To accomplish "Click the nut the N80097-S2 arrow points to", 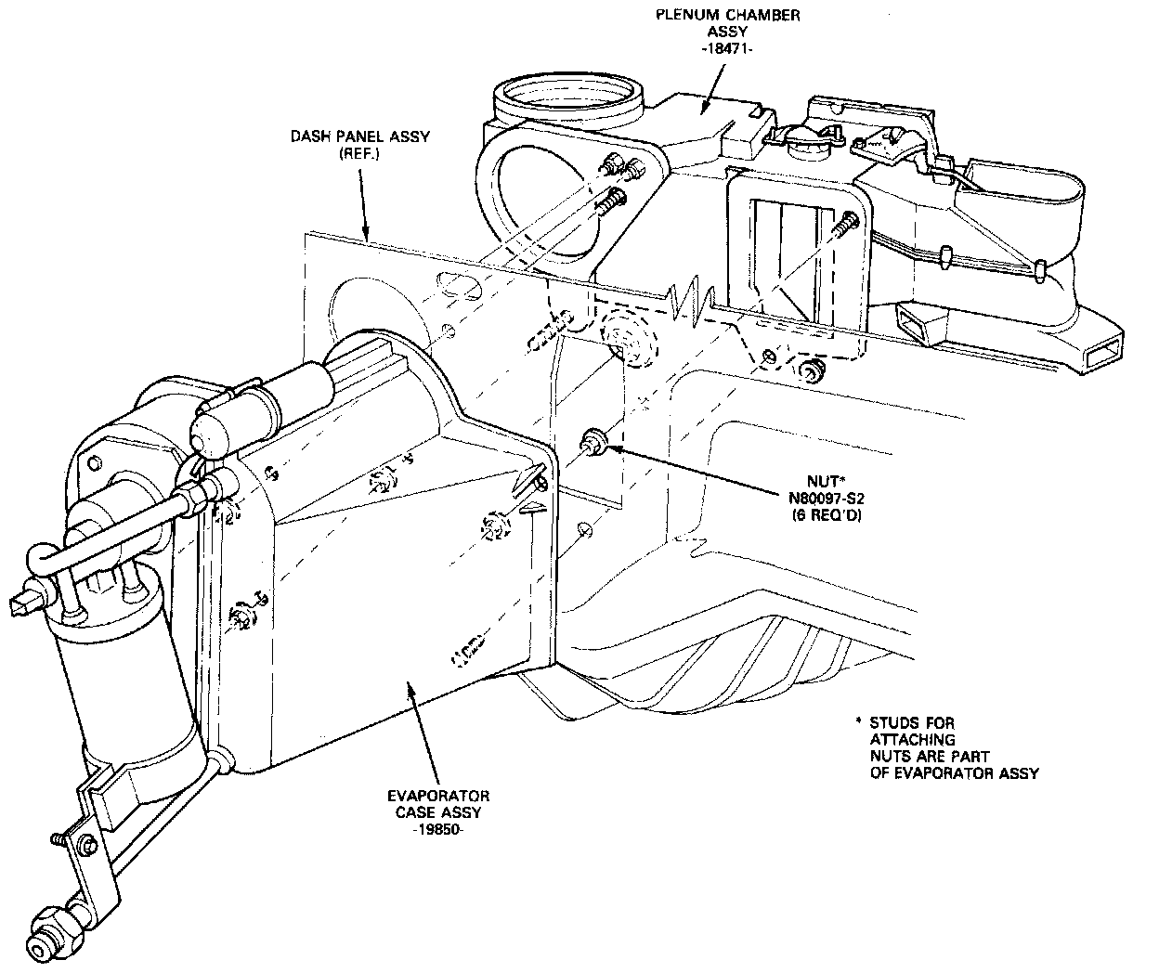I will [593, 443].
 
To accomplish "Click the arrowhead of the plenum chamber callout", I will [702, 111].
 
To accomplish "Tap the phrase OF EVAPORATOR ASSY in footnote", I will [955, 773].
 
